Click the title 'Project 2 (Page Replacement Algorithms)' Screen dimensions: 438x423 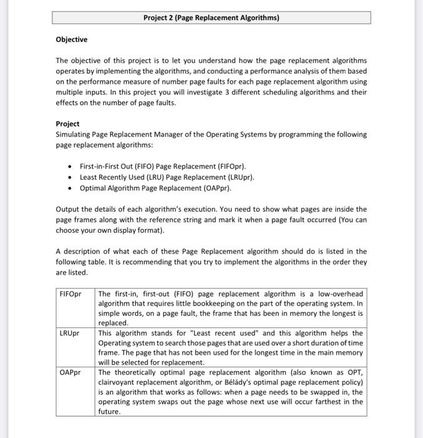211,18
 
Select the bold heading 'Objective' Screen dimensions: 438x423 71,39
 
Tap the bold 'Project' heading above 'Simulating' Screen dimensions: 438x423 67,124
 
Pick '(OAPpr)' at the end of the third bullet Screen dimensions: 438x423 216,188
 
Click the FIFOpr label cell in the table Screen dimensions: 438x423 70,293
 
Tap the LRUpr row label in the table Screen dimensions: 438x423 69,334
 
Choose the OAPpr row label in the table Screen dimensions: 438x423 70,373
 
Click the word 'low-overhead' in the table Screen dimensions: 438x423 339,293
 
